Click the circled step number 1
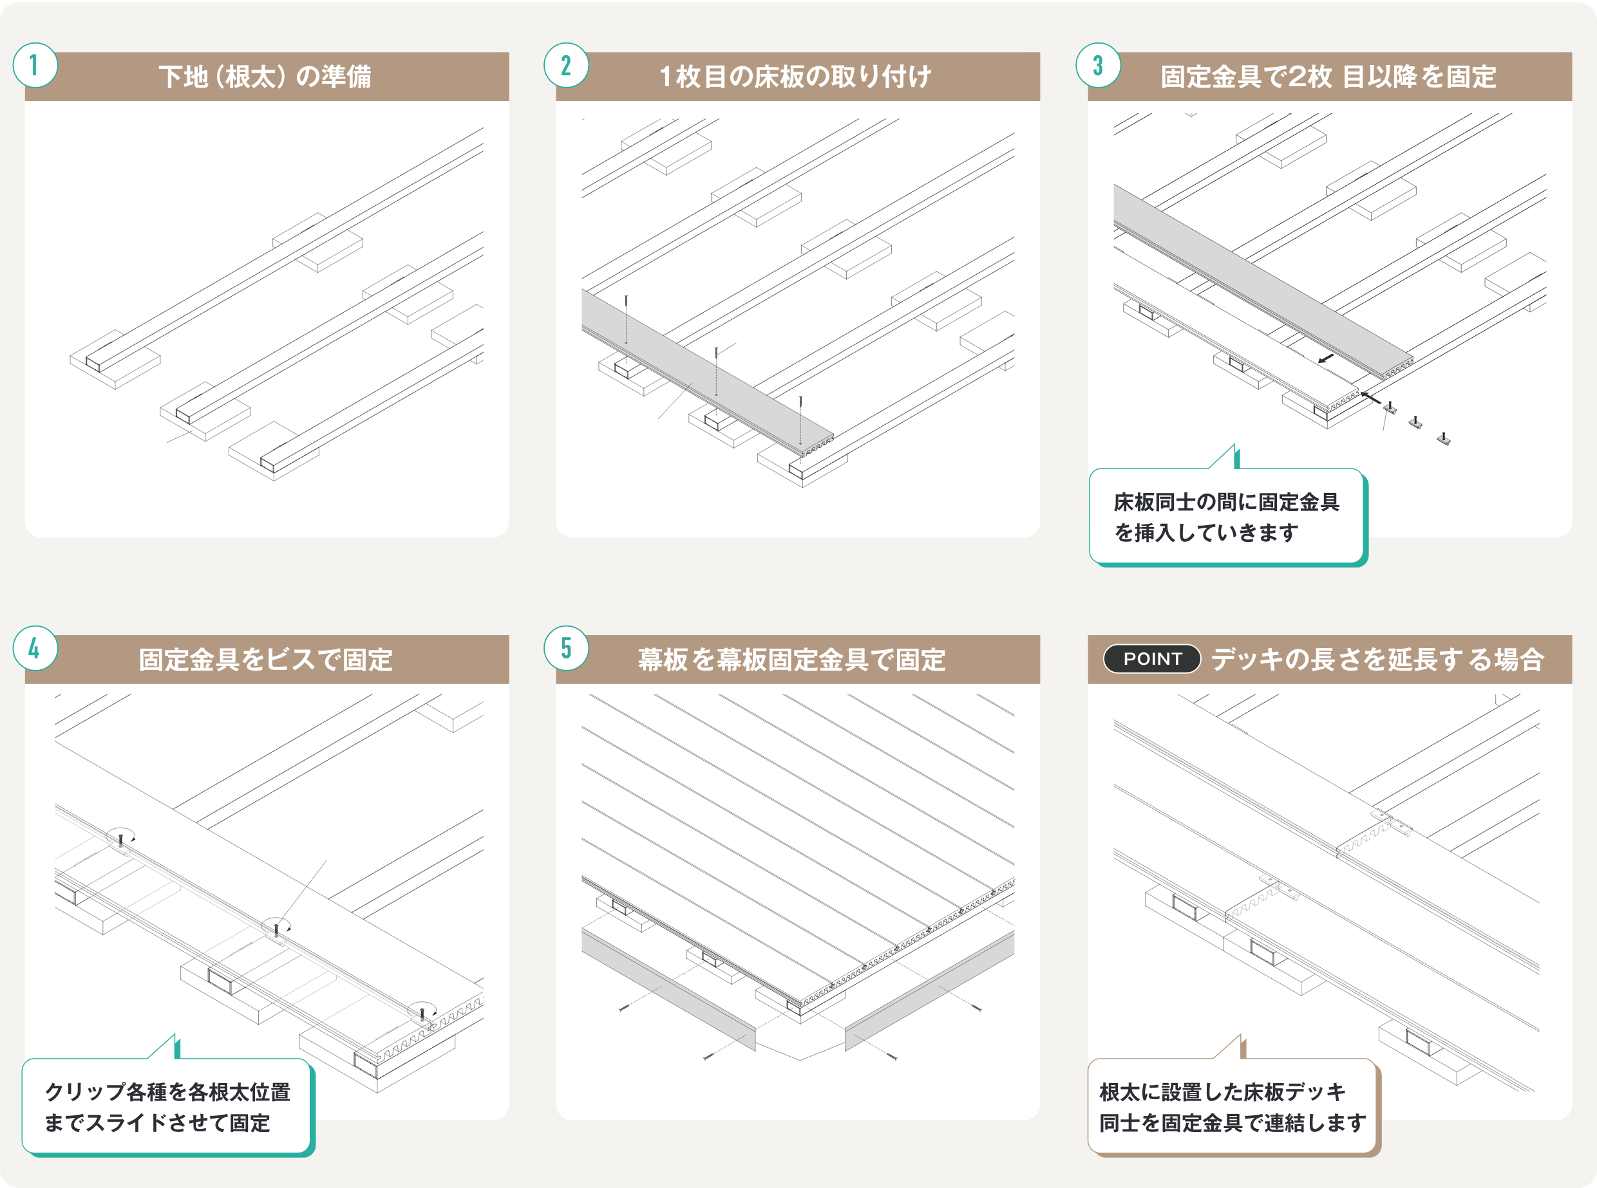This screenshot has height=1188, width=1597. [x=35, y=66]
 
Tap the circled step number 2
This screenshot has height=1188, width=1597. [x=566, y=66]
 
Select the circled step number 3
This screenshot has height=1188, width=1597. [x=1098, y=66]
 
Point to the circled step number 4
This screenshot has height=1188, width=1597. [x=35, y=649]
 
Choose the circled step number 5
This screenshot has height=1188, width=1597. [x=566, y=649]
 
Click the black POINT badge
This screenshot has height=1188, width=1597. [x=1152, y=659]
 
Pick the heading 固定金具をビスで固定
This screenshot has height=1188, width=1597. [x=265, y=660]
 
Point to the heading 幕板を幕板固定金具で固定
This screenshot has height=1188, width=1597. [x=791, y=660]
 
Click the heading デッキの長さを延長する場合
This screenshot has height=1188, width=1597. [x=1377, y=660]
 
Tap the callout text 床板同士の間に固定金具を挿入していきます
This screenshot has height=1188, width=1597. [x=1227, y=517]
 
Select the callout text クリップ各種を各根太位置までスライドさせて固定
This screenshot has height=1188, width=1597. [x=167, y=1108]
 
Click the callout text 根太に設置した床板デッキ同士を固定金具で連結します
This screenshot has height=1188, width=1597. [x=1233, y=1108]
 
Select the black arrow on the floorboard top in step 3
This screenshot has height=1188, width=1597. [x=1326, y=358]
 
